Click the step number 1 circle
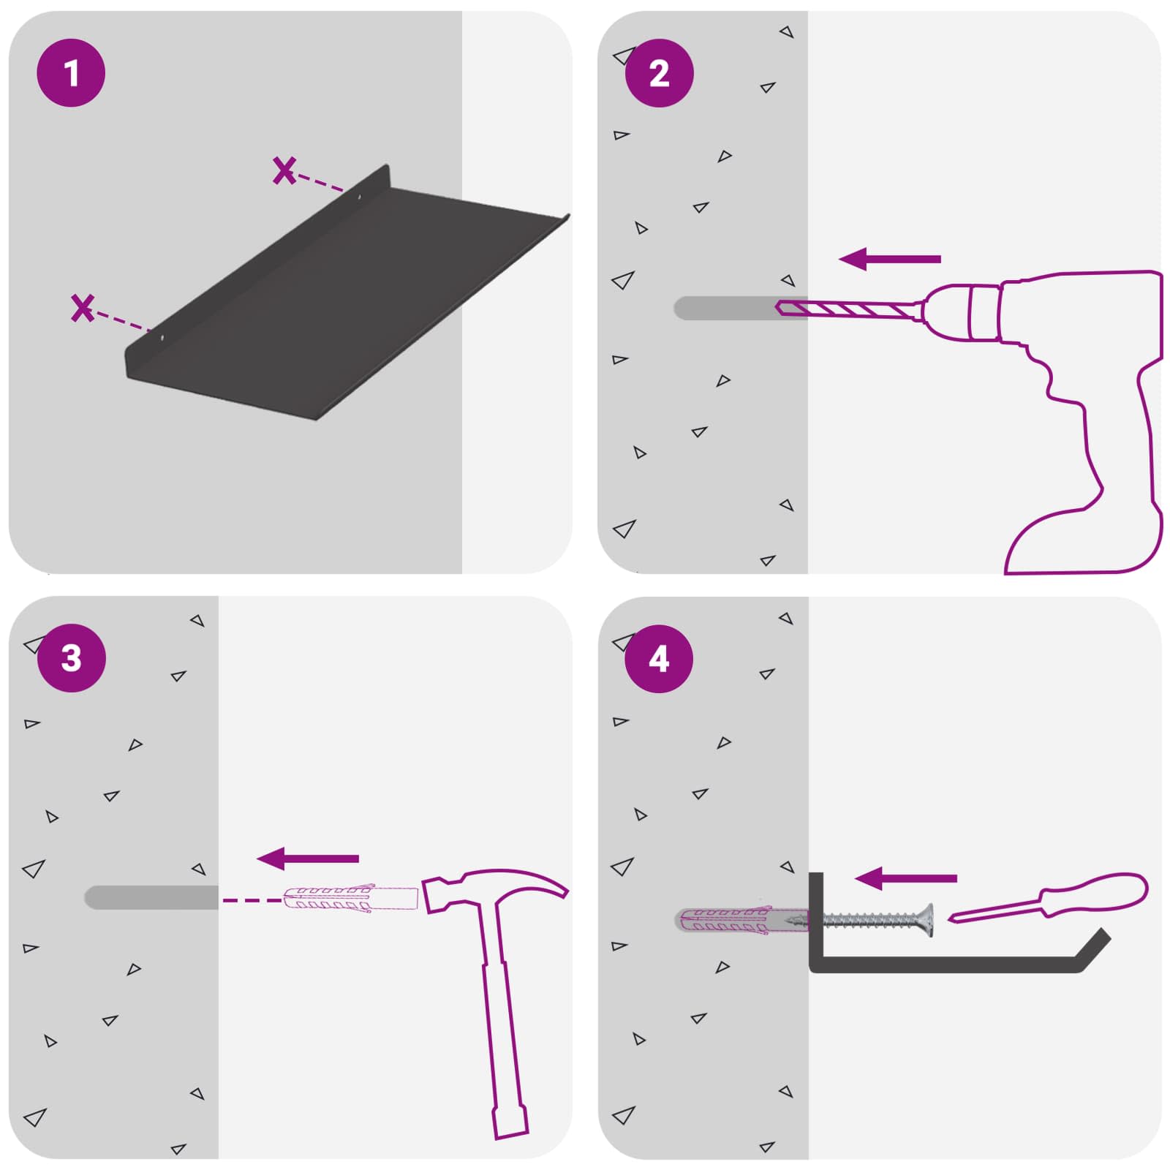(71, 73)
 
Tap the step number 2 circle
(659, 73)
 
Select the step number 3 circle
(71, 658)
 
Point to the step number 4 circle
(659, 658)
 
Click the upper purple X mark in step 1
(284, 170)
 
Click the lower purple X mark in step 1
(83, 308)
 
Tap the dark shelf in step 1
(344, 300)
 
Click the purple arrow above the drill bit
(889, 259)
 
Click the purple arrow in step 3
(308, 858)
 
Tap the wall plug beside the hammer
(350, 898)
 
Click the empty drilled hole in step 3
(151, 897)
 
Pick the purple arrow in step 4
(905, 878)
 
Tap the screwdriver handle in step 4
(1094, 894)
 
